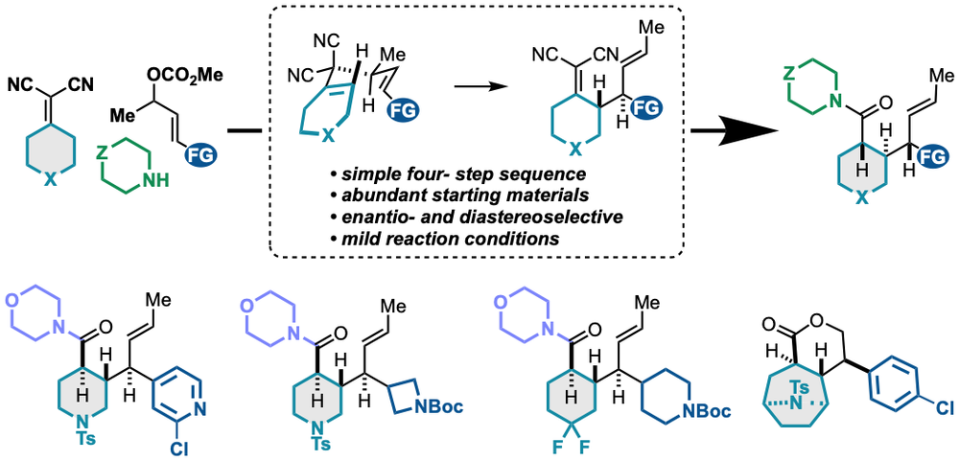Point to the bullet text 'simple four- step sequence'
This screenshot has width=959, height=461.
point(456,176)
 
